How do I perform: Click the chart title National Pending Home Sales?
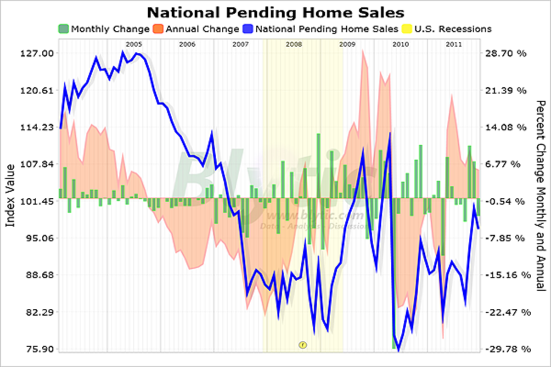[275, 11]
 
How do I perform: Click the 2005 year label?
[134, 44]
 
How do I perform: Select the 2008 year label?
[294, 44]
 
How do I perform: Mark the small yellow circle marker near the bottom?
[302, 344]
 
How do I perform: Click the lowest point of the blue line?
[398, 351]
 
